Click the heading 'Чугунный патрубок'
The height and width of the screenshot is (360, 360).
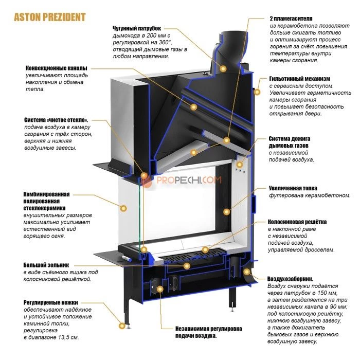(x=137, y=27)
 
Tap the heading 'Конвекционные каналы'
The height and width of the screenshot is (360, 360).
(x=56, y=68)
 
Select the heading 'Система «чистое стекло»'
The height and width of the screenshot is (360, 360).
(x=56, y=120)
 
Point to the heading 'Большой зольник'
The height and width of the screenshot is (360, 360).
(x=46, y=265)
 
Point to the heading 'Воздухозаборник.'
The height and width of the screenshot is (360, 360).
(x=294, y=279)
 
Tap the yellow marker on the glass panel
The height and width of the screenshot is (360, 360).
(x=123, y=208)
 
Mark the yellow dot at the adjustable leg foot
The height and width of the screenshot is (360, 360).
(x=122, y=325)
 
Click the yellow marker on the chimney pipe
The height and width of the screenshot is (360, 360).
(x=223, y=68)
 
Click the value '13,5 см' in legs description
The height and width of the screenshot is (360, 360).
(x=68, y=337)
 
